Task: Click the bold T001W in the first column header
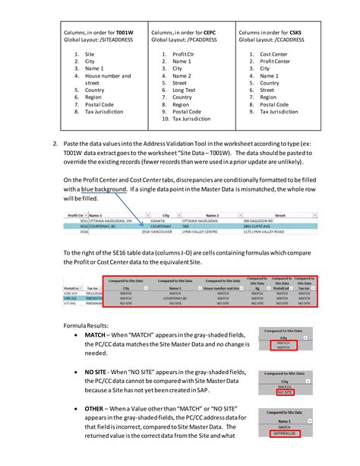(125, 33)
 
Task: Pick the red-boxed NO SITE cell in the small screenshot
(285, 393)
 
